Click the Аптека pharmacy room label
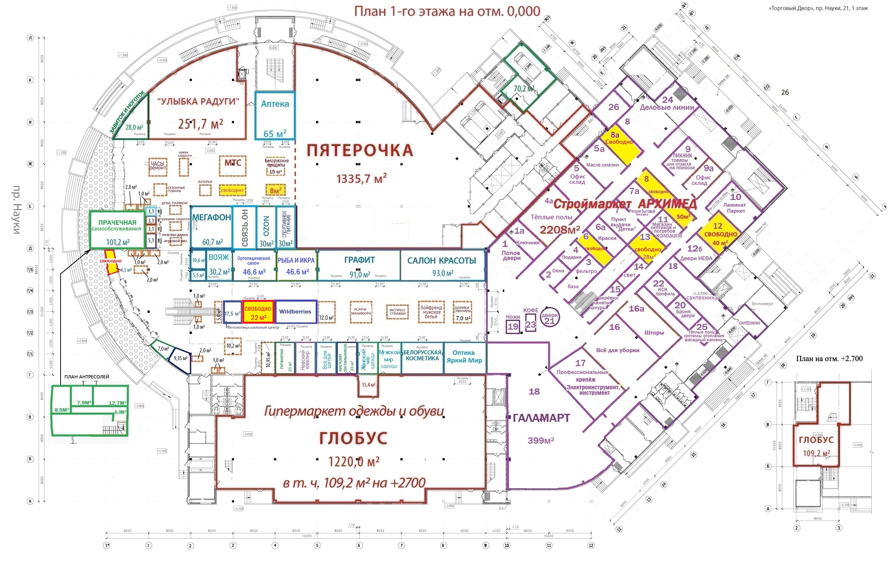[275, 104]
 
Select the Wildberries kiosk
[295, 312]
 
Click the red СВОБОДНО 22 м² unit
[258, 313]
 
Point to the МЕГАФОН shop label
[212, 218]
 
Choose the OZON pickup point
[266, 227]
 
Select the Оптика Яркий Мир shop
[464, 357]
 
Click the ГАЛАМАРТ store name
[541, 418]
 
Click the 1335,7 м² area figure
[362, 179]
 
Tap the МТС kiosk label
[233, 163]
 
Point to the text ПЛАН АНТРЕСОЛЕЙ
[87, 376]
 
